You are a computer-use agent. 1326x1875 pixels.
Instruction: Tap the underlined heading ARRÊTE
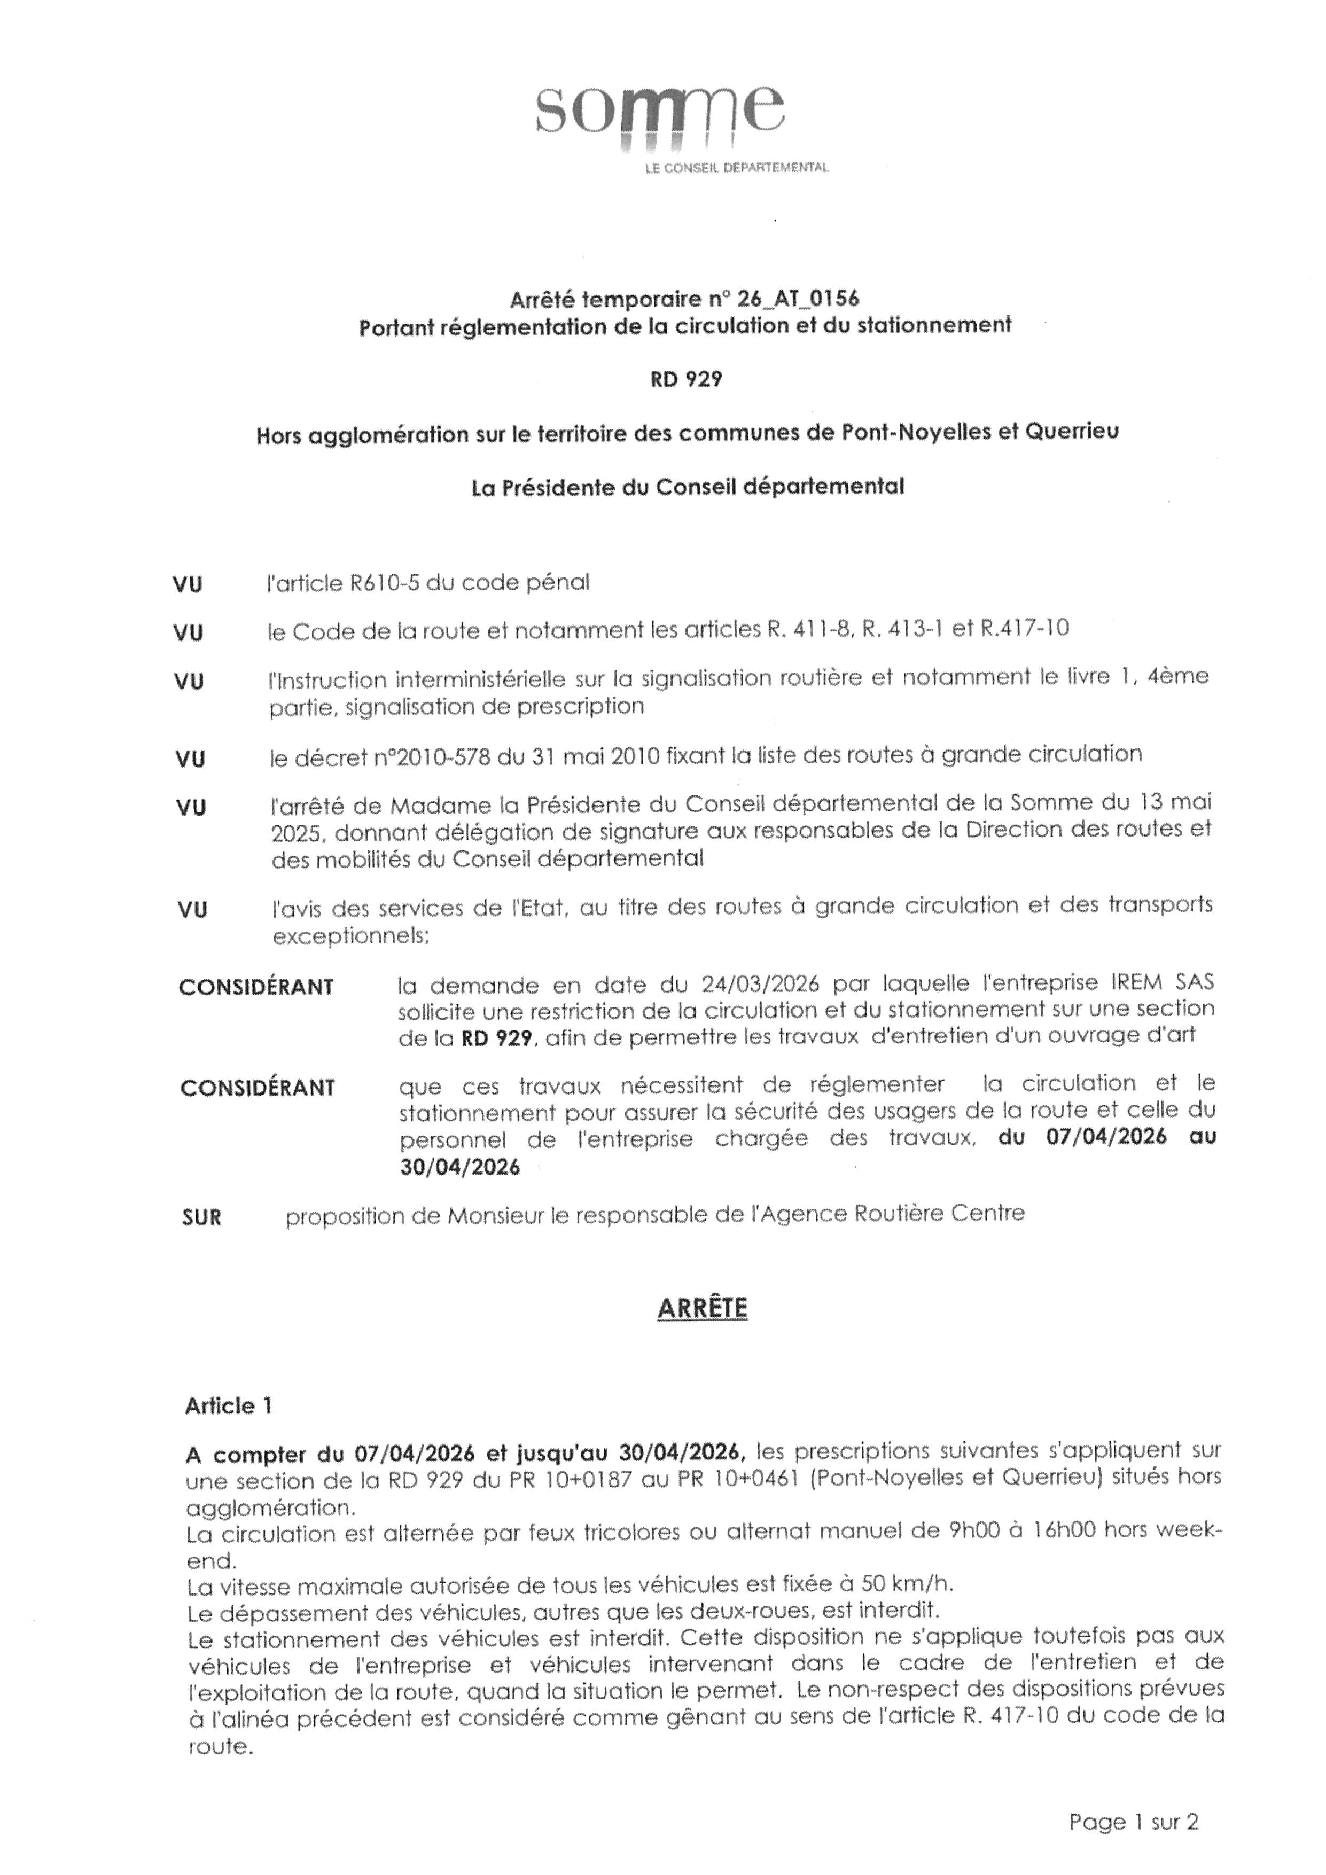(702, 1308)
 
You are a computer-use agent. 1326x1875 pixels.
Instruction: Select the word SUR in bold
(201, 1217)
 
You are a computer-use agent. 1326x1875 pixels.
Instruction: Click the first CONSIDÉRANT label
(256, 987)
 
